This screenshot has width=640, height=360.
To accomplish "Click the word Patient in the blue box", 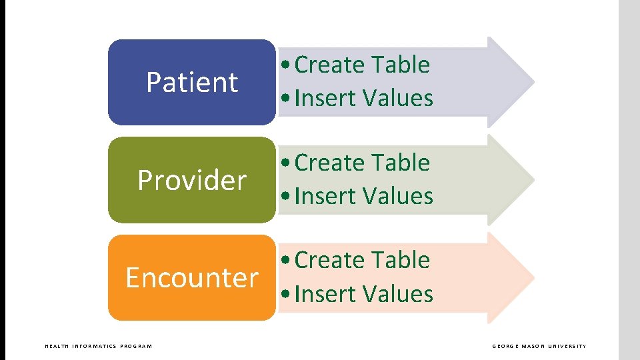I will (x=192, y=83).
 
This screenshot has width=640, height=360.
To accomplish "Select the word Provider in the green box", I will (x=192, y=181).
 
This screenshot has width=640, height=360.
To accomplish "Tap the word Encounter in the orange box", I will (x=192, y=278).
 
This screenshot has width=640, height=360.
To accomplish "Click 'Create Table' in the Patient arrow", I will (x=362, y=65).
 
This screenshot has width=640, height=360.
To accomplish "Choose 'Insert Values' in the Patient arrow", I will (x=363, y=99).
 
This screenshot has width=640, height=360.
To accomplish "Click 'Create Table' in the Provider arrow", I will (x=362, y=163).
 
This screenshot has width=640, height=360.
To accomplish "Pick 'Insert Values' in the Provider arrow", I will (x=363, y=197).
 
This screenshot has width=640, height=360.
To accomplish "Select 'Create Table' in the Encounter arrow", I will (x=362, y=260).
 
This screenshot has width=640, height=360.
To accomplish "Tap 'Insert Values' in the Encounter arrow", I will (x=363, y=294).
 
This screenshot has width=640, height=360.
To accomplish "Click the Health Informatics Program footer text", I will (x=98, y=346).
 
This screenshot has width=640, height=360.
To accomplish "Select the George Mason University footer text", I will (x=539, y=346).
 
